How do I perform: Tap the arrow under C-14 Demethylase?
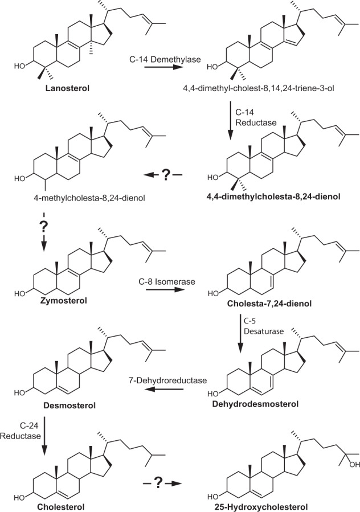(162, 67)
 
